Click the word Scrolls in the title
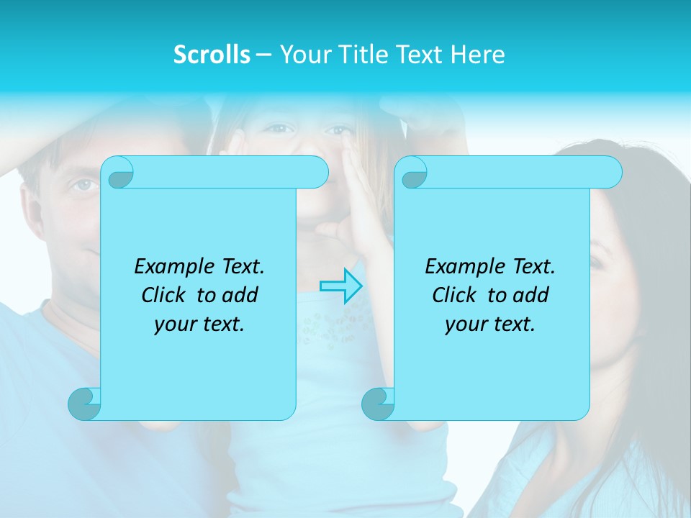[212, 55]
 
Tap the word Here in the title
[478, 55]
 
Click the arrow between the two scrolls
[341, 286]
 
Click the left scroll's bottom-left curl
[84, 404]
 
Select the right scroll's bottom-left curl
[378, 404]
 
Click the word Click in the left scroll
[165, 295]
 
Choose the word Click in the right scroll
[455, 295]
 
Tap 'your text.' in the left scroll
[199, 324]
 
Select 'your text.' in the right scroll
[490, 324]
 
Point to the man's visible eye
[84, 185]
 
